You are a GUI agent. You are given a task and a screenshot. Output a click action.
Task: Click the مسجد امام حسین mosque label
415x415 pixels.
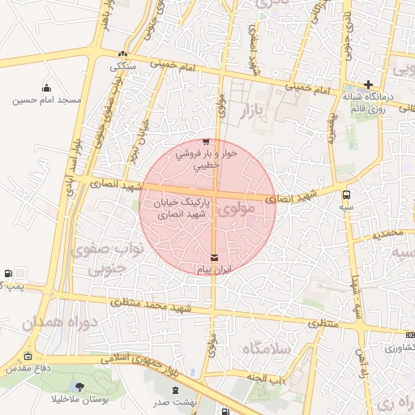47,101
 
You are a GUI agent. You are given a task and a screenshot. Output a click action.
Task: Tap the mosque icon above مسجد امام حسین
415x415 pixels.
47,88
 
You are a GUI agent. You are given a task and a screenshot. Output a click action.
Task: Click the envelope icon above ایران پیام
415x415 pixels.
214,257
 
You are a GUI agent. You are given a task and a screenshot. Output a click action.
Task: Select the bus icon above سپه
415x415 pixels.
347,195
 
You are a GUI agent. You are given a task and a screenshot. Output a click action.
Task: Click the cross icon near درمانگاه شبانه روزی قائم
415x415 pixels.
369,84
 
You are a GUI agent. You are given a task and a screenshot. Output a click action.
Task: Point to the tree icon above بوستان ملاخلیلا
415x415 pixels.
79,386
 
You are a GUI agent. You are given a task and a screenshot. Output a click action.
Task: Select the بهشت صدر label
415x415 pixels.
169,402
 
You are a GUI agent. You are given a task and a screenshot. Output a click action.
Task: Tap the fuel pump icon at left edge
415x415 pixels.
7,274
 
